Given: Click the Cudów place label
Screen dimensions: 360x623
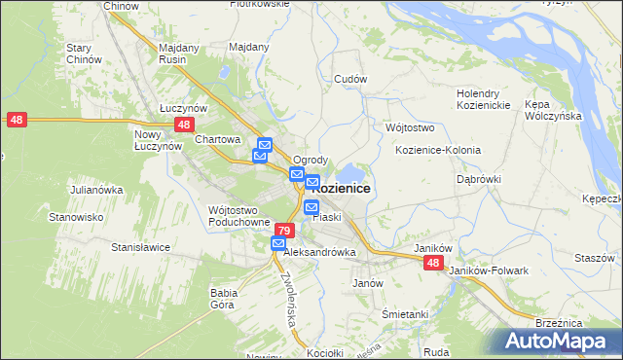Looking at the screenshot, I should (x=349, y=80).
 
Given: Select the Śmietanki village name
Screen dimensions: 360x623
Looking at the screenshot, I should (x=405, y=314).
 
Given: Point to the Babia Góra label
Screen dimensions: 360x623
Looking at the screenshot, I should (x=225, y=298).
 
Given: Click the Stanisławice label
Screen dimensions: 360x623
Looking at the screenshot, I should (x=140, y=247).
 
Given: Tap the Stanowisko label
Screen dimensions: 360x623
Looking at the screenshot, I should (x=77, y=217).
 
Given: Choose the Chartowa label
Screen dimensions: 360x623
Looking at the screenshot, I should (x=217, y=139).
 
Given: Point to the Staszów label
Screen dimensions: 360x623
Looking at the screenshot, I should (x=594, y=258).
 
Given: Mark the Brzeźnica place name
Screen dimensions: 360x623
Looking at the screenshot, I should (x=559, y=321).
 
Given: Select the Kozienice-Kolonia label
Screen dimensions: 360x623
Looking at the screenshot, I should (x=438, y=150).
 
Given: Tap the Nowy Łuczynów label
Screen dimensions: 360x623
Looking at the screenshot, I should (x=159, y=139).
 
